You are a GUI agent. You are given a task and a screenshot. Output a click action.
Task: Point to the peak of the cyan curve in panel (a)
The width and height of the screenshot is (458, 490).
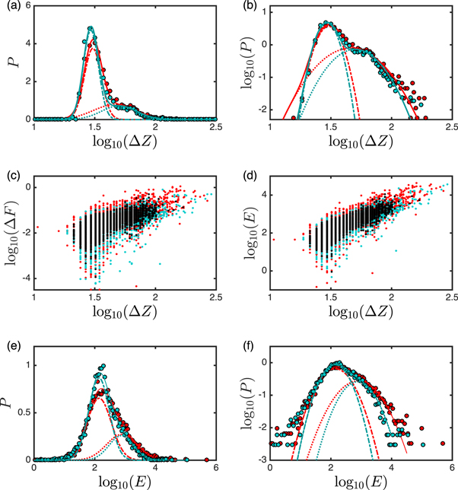pos(91,28)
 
